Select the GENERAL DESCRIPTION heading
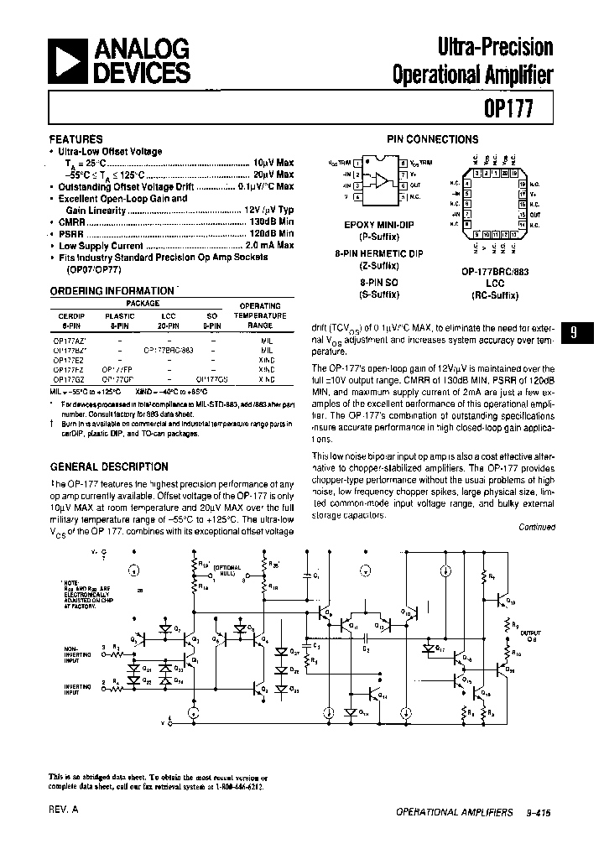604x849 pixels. click(109, 466)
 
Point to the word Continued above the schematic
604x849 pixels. click(537, 527)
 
